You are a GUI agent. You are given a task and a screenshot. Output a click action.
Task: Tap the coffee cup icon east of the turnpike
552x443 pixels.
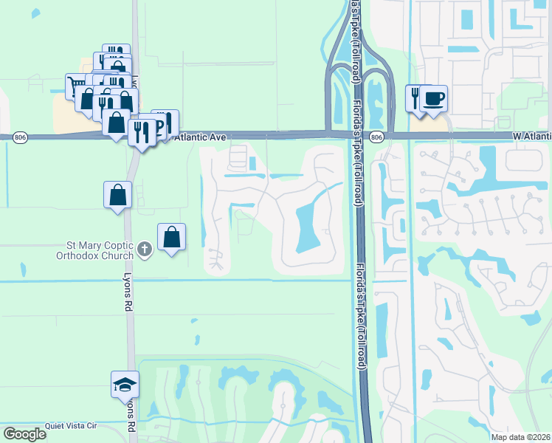[434, 98]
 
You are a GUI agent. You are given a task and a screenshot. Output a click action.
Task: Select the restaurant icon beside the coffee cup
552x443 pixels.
[415, 97]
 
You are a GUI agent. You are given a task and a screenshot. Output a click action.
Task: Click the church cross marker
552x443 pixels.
[144, 250]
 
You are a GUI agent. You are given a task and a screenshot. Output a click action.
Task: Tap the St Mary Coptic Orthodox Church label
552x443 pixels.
[94, 250]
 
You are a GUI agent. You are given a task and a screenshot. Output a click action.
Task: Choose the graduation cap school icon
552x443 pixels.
[125, 384]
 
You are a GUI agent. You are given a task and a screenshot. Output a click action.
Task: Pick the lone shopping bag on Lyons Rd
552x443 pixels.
[117, 195]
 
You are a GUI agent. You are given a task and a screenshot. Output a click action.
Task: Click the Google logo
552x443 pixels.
[24, 434]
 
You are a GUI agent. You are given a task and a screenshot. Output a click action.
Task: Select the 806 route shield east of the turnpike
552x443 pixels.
[376, 137]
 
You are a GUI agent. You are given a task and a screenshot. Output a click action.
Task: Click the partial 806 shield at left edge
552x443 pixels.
[3, 137]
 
